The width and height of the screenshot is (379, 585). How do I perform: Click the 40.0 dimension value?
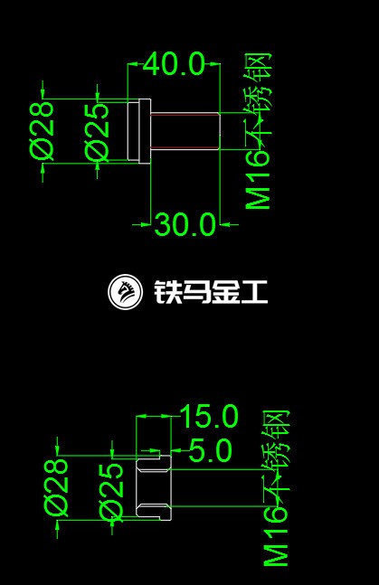(175, 64)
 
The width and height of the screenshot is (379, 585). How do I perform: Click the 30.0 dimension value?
(185, 224)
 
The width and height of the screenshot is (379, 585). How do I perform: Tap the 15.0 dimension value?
(209, 416)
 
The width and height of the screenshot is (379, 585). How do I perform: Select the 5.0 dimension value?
(211, 450)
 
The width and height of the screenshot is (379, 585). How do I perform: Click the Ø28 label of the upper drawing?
(42, 131)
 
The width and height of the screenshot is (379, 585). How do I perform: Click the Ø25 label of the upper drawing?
(97, 132)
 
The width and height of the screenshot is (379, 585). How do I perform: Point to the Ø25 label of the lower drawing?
(111, 492)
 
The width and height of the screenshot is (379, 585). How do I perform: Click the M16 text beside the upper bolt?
(258, 180)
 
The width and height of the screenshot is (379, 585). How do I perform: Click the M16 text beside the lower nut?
(276, 536)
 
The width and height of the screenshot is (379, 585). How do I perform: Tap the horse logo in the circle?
(125, 291)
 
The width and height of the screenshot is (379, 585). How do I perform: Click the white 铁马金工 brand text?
(211, 291)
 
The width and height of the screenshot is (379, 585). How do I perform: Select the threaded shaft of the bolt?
(185, 130)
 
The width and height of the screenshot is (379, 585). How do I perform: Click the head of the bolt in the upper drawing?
(139, 130)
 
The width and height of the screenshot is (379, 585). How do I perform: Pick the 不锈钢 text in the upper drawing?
(258, 101)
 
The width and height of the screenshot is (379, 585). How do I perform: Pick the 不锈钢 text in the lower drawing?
(277, 458)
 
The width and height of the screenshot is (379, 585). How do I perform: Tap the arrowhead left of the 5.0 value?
(176, 450)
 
